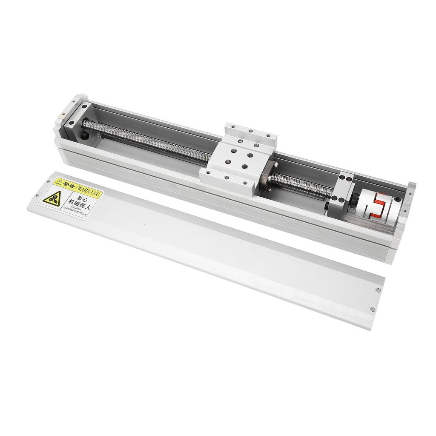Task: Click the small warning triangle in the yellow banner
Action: [58, 183]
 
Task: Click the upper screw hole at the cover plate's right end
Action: [378, 290]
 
